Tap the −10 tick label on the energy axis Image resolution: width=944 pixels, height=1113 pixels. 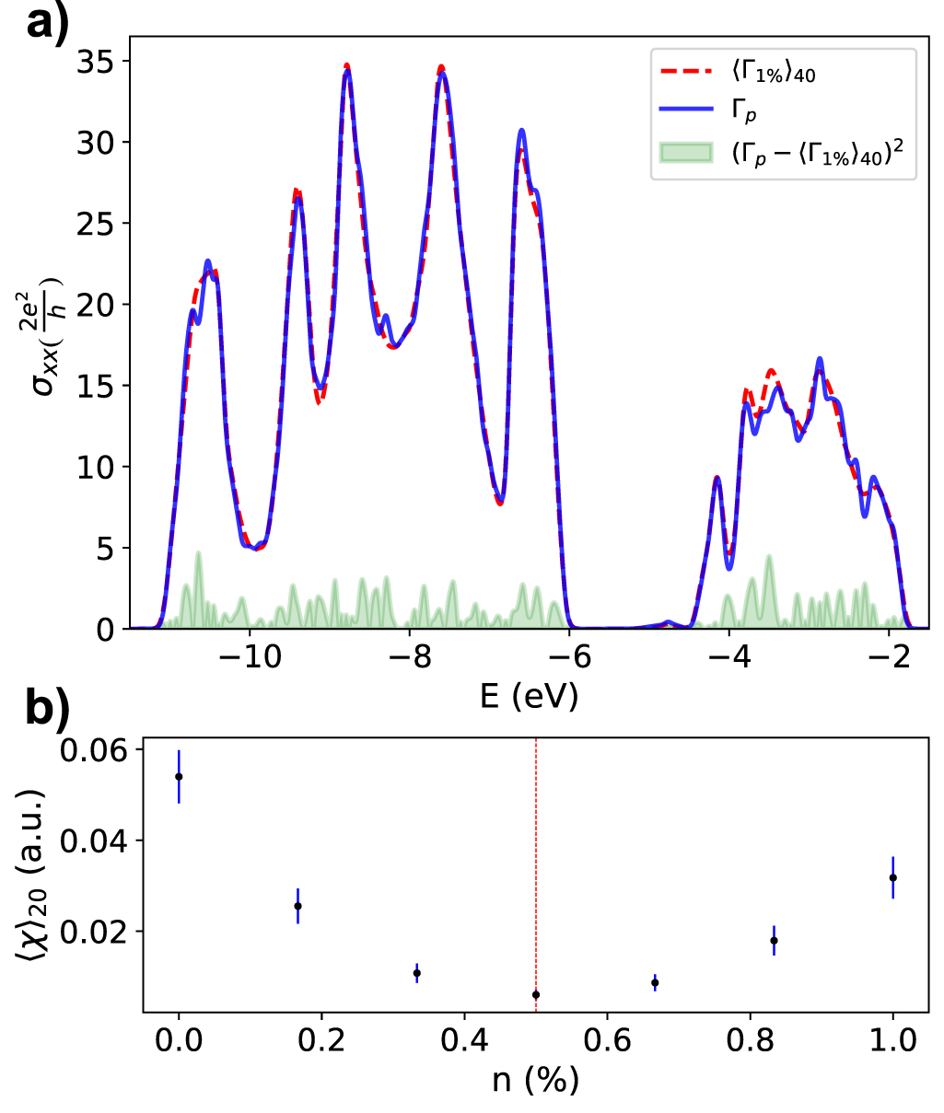pyautogui.click(x=249, y=656)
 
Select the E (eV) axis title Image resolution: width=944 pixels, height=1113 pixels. pyautogui.click(x=529, y=696)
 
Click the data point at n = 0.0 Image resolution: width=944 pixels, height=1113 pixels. pyautogui.click(x=179, y=777)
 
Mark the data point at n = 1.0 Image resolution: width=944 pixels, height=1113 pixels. pyautogui.click(x=892, y=877)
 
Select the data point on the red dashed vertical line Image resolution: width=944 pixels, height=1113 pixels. pyautogui.click(x=536, y=994)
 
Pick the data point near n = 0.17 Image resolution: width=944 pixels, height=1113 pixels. pyautogui.click(x=297, y=906)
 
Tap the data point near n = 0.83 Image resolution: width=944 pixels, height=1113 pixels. pyautogui.click(x=774, y=940)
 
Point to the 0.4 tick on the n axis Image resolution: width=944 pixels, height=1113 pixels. pyautogui.click(x=464, y=1040)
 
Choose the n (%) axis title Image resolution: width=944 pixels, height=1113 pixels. pyautogui.click(x=535, y=1080)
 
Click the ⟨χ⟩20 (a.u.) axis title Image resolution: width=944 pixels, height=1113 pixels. pyautogui.click(x=32, y=875)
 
